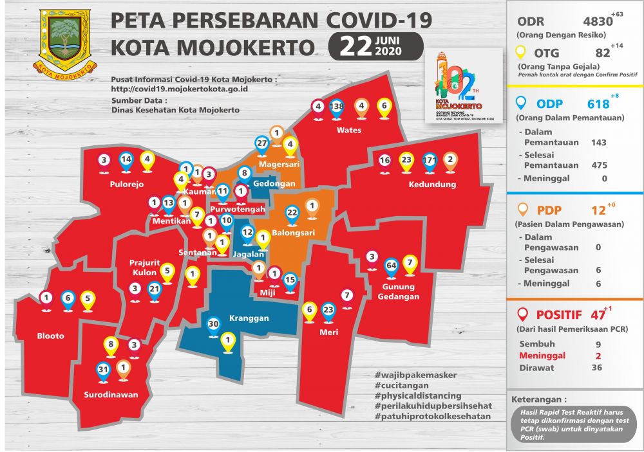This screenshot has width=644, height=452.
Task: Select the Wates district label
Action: coord(349,130)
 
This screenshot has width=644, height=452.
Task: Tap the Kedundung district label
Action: coord(432,185)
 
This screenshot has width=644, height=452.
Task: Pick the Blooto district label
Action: coord(50,336)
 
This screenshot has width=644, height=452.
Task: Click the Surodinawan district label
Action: coord(111,395)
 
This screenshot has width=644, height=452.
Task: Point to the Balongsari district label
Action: coord(293,232)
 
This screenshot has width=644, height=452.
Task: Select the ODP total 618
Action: coord(598,104)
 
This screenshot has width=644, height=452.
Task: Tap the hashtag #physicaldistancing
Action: coord(417,395)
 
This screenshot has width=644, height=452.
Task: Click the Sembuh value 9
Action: coord(600,343)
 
